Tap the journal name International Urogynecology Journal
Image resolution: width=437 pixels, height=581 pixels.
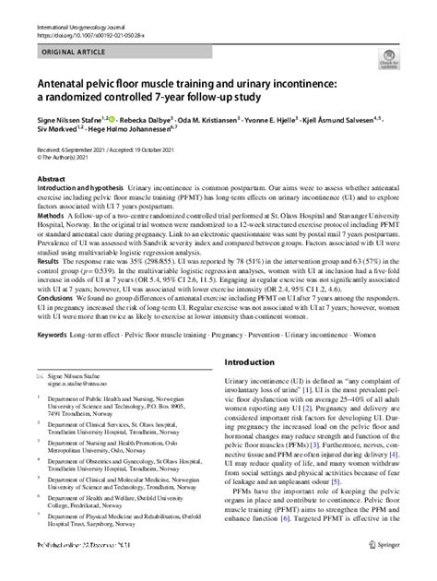pyautogui.click(x=80, y=6)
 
